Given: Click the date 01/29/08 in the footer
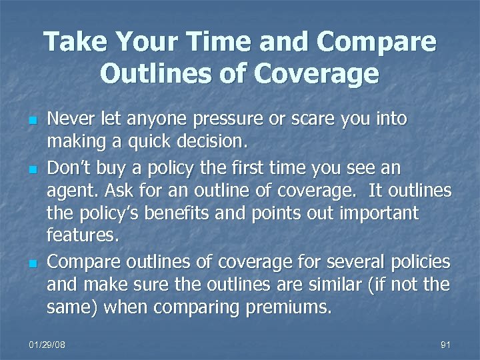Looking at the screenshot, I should (48, 345).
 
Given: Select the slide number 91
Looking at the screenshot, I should (446, 345).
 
